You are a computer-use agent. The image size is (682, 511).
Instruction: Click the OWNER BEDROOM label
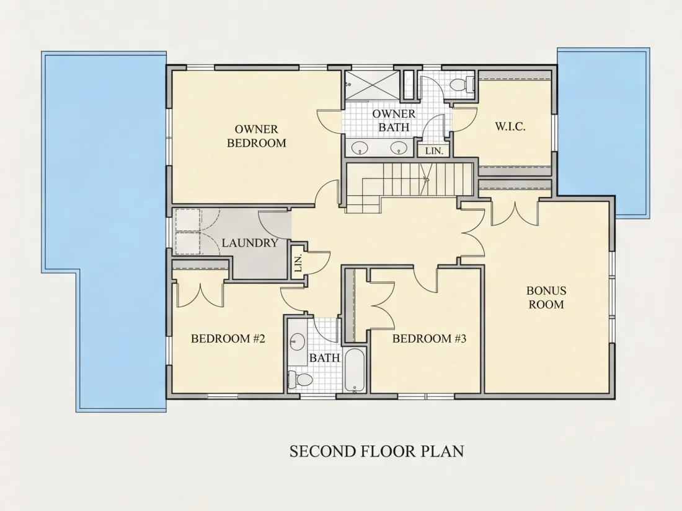click(x=257, y=136)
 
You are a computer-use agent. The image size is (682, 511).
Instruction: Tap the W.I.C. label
click(x=510, y=127)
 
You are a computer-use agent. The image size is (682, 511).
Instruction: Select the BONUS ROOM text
click(x=546, y=298)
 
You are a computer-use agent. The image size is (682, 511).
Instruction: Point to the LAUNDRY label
click(x=250, y=243)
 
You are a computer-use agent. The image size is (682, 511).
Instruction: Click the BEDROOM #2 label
click(x=228, y=338)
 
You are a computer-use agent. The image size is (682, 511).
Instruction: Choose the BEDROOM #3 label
click(x=429, y=338)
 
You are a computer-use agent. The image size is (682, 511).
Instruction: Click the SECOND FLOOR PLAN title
click(x=377, y=451)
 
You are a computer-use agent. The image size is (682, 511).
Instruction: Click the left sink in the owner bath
click(x=360, y=148)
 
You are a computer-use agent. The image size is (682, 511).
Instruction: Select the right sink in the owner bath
click(x=398, y=148)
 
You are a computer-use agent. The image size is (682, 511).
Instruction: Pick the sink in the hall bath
click(x=298, y=341)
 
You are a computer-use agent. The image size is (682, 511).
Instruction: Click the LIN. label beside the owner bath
click(x=434, y=151)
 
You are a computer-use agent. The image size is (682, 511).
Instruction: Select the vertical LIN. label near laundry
click(x=298, y=263)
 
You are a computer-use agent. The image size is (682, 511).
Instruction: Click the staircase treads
click(x=409, y=185)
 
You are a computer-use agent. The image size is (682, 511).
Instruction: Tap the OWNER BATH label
click(x=394, y=120)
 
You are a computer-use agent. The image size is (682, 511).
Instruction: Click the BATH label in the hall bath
click(x=324, y=357)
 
